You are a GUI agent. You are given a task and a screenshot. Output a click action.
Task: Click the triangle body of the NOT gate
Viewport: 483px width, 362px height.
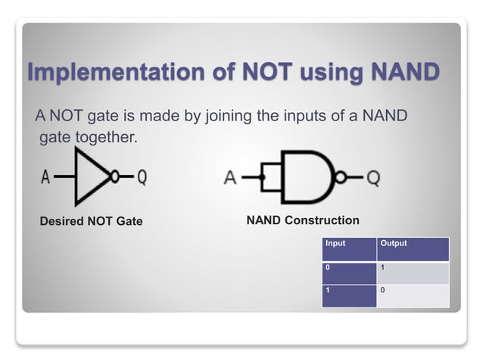(89, 177)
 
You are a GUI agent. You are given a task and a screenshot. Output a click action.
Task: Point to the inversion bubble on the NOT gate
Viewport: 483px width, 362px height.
(114, 177)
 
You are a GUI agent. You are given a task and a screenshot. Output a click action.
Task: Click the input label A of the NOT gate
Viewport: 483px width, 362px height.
(45, 178)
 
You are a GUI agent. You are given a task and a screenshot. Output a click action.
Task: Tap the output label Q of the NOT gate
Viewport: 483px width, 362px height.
(142, 178)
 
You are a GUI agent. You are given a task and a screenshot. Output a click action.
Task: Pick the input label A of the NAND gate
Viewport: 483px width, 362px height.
(231, 179)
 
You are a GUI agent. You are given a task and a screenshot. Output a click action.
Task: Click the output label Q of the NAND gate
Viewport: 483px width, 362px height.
(372, 179)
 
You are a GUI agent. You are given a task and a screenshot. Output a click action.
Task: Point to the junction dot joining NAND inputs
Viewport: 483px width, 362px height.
(262, 179)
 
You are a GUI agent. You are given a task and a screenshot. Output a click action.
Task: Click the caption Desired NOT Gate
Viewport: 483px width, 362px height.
(91, 221)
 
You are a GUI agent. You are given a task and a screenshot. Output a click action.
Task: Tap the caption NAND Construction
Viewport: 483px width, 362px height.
(303, 220)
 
